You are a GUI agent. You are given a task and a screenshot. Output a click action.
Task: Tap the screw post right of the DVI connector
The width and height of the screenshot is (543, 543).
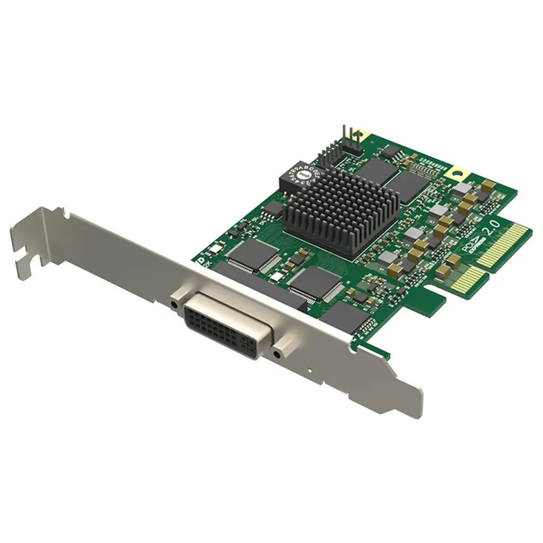point(276,353)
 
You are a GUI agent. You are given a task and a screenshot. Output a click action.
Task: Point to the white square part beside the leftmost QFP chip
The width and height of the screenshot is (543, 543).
point(216,249)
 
